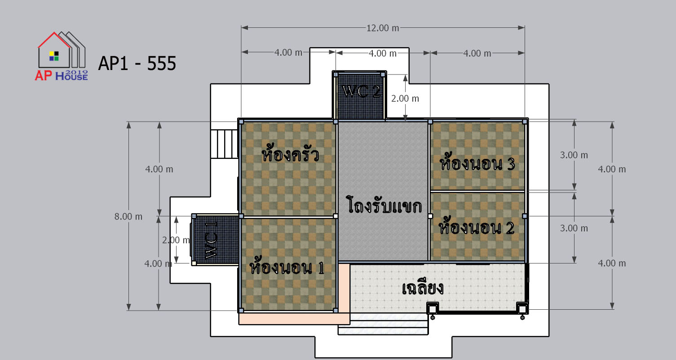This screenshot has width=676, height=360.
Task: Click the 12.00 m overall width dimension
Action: (x=382, y=28)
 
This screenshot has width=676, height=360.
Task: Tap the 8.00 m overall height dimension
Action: (x=128, y=216)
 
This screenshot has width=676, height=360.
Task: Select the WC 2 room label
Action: (x=362, y=91)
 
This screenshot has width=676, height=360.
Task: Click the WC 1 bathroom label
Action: (x=211, y=240)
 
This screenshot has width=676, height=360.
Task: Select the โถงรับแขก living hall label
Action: (x=384, y=205)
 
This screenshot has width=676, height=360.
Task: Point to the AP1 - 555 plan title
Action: (x=137, y=63)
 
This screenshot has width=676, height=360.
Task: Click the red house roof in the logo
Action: (x=54, y=40)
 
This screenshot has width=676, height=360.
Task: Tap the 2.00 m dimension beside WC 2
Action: (x=405, y=99)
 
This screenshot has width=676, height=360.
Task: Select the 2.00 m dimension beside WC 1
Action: (x=176, y=240)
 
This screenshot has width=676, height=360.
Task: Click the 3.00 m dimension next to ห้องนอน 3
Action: (x=574, y=155)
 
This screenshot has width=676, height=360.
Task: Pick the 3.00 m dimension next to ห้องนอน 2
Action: (x=574, y=228)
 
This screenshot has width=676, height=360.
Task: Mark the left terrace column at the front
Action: (x=433, y=309)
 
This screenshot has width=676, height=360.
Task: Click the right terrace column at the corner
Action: (x=522, y=309)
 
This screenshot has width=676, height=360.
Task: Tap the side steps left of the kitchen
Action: (x=224, y=144)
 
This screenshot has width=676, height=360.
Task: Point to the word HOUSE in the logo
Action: (x=71, y=77)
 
